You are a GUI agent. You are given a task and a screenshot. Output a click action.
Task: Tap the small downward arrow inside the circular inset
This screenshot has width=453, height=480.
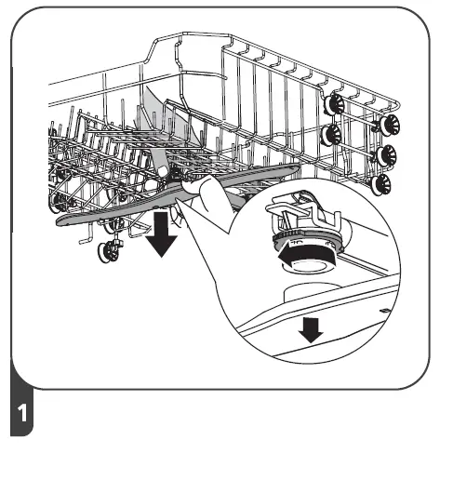313,328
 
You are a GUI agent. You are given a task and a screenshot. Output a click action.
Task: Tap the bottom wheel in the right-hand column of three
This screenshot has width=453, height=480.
380,183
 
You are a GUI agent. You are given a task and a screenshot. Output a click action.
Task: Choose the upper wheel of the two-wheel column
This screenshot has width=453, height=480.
331,106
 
